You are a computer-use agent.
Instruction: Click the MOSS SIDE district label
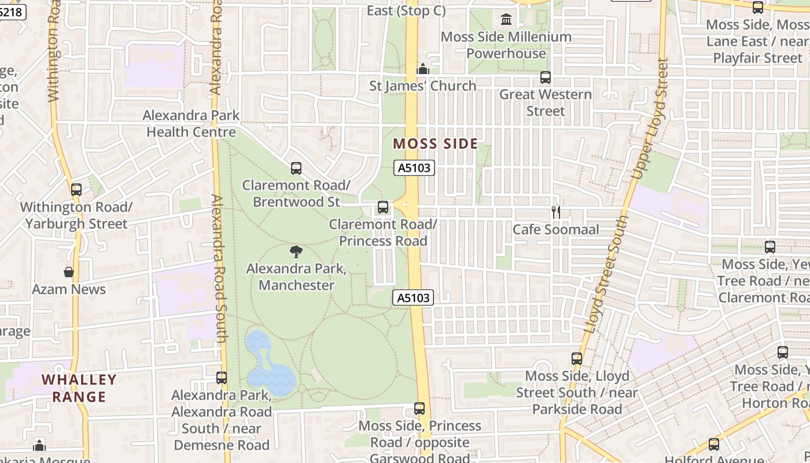pos(435,144)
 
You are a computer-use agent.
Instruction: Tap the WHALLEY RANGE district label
pos(79,388)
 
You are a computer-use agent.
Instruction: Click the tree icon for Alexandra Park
pos(296,252)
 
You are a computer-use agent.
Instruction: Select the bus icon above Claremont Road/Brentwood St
pos(296,168)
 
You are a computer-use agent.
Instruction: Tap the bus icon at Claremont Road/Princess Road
pos(382,207)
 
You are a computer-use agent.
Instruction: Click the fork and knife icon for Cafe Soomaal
pos(556,212)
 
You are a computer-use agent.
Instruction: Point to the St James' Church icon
pos(423,69)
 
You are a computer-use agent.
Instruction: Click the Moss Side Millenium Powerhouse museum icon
pos(506,20)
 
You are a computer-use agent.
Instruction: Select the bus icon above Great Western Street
pos(546,77)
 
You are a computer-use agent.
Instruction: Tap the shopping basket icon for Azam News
pos(69,272)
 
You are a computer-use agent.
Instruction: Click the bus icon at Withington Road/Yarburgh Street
pos(76,190)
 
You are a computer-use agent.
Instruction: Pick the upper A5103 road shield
pos(414,168)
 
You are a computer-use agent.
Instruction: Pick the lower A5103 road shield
pos(413,297)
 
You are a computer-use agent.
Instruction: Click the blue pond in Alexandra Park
pos(269,365)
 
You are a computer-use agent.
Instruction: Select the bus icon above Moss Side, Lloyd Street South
pos(577,359)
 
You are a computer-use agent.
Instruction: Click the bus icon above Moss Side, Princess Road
pos(419,409)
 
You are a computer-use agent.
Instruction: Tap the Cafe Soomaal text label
pos(556,230)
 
